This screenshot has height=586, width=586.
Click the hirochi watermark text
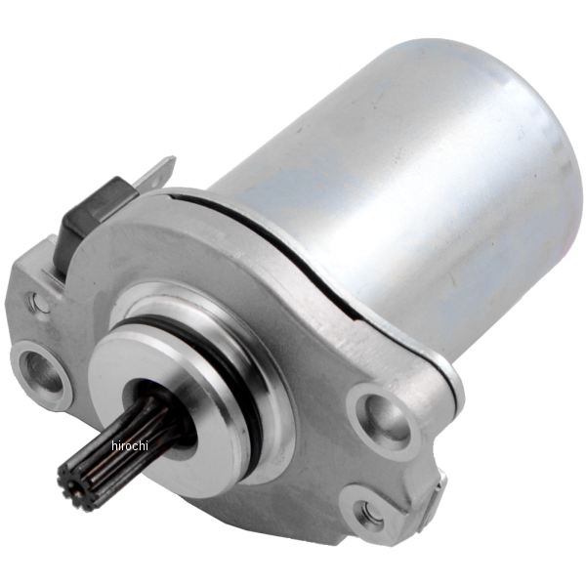130,446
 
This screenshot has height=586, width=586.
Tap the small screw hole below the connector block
37,300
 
